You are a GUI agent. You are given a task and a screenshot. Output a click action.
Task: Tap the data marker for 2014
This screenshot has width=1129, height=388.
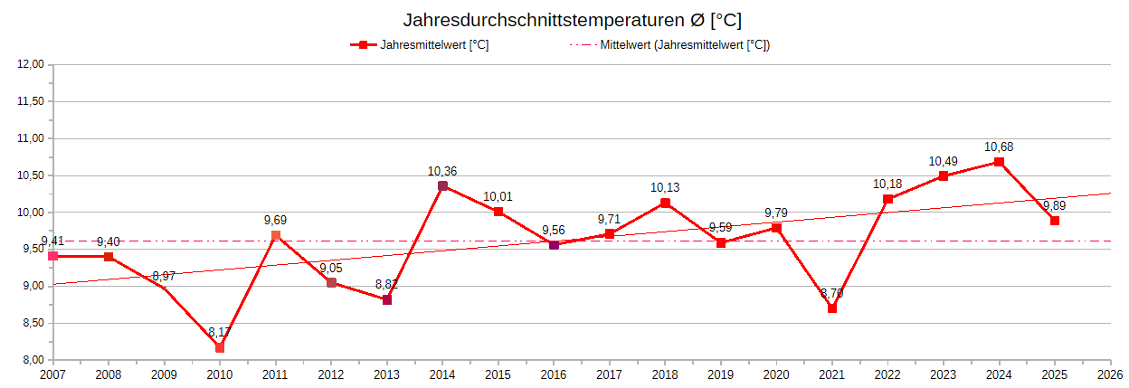coord(442,186)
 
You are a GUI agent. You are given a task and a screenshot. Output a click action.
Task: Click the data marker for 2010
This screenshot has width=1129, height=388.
coord(220,347)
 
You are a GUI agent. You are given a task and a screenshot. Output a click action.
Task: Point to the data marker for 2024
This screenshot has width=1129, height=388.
coord(999,162)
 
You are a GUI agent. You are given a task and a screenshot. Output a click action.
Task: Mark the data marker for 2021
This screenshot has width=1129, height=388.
coord(832,308)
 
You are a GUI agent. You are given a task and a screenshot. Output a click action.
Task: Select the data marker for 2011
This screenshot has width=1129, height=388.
coord(276,235)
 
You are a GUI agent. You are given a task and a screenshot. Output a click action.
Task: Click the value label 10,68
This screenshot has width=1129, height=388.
coord(999,147)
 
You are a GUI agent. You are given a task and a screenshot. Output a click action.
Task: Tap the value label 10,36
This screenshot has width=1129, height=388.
coord(442,171)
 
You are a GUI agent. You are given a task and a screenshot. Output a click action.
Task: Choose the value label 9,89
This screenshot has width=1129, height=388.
coord(1056,204)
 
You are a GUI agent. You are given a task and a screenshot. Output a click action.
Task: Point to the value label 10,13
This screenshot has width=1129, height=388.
coord(665,188)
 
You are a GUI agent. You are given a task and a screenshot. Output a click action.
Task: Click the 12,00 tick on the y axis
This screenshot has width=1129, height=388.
coord(31,65)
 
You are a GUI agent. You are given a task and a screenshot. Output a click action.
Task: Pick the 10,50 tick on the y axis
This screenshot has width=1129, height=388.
coord(31,175)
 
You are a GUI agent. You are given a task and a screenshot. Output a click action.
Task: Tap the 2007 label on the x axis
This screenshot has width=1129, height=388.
coord(52,374)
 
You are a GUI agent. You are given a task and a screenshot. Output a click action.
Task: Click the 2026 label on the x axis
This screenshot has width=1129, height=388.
coord(1110,374)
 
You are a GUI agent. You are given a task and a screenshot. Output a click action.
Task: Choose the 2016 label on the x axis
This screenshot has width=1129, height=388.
coord(554,374)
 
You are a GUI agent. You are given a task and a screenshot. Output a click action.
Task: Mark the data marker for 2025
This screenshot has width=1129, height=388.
coord(1055,221)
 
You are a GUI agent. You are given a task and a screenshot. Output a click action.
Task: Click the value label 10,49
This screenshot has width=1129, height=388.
coord(943,161)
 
